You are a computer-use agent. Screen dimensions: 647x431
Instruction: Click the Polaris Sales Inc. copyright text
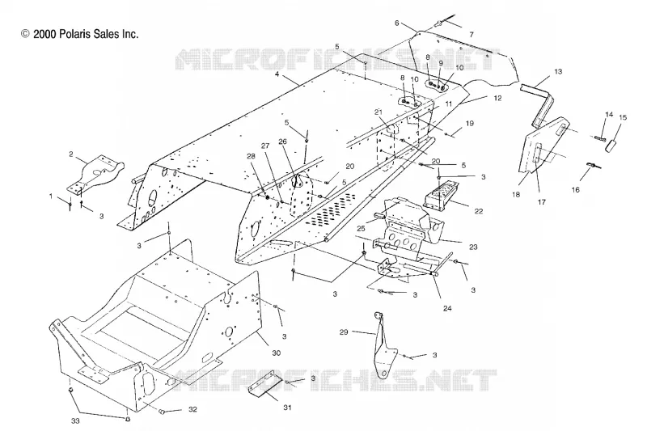click(x=79, y=34)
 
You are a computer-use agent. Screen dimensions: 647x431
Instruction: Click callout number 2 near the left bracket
click(x=71, y=154)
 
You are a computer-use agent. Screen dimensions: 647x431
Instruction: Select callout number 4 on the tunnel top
click(x=277, y=74)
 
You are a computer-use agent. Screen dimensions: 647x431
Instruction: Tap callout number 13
click(x=558, y=71)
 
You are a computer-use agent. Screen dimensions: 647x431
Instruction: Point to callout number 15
click(x=623, y=117)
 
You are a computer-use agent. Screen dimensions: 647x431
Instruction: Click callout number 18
click(x=516, y=194)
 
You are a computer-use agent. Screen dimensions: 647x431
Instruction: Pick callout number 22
click(x=479, y=211)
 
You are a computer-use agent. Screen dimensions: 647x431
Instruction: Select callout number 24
click(x=447, y=308)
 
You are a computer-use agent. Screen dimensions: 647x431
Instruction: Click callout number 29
click(x=344, y=332)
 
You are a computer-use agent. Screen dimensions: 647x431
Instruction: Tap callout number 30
click(x=277, y=353)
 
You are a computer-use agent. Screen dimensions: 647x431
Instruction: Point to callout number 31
click(x=288, y=408)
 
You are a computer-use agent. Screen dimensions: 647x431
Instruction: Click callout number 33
click(x=75, y=421)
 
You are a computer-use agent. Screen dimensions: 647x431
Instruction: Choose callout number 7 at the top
click(x=472, y=35)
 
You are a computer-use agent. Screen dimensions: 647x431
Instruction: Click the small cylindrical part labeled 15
click(x=611, y=146)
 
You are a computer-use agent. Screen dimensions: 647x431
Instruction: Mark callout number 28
click(x=251, y=156)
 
